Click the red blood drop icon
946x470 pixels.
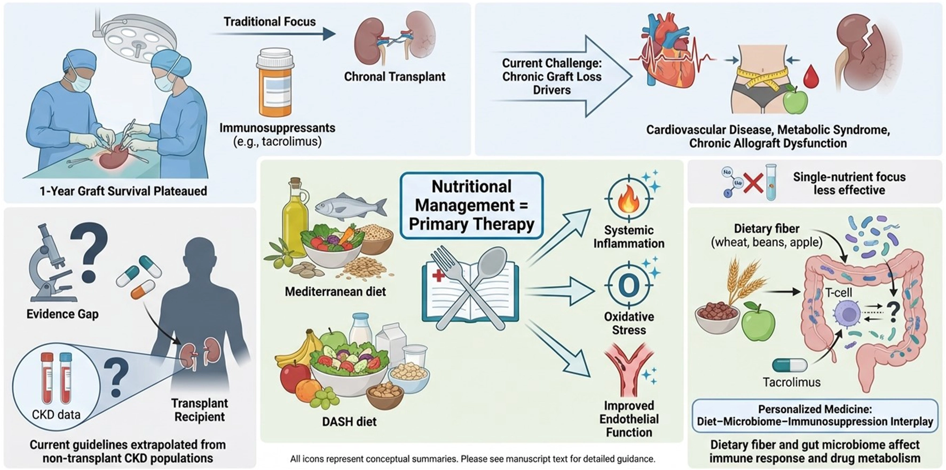pos(811,76)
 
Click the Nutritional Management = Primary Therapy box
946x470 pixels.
pos(471,205)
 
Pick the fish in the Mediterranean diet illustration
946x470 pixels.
pos(351,206)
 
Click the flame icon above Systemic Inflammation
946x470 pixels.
pos(628,197)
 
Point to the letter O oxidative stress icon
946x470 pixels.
pos(628,286)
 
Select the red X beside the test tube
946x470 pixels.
pos(753,184)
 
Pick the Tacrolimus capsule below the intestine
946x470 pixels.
pos(790,366)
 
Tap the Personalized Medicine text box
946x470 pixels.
pos(815,416)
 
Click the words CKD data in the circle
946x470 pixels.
pos(56,414)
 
